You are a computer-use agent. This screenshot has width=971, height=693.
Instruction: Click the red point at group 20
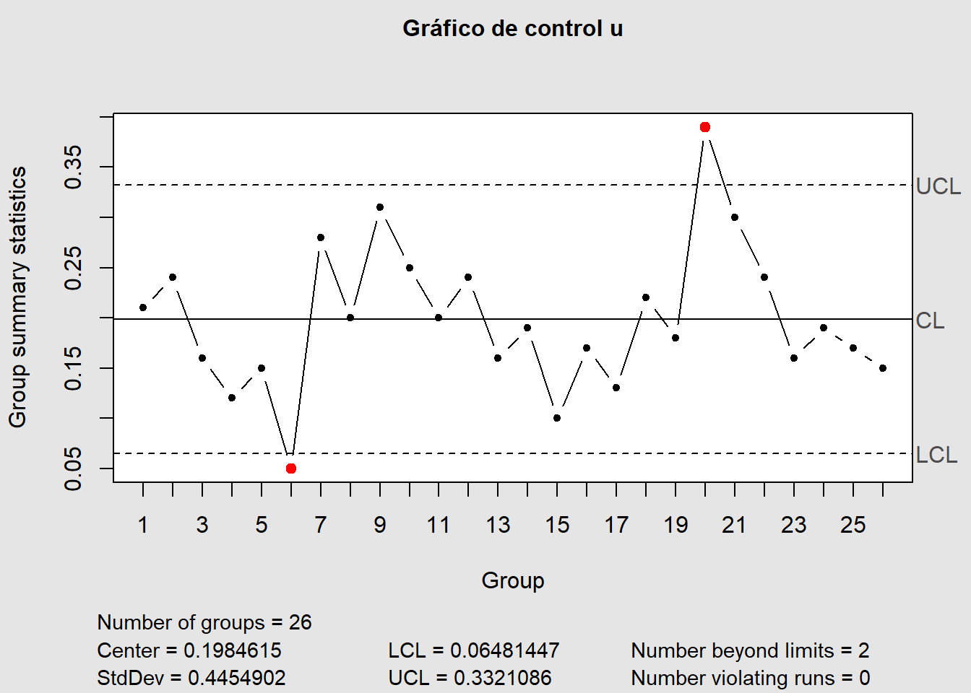pyautogui.click(x=705, y=127)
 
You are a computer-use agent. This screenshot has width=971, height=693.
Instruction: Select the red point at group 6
pyautogui.click(x=291, y=468)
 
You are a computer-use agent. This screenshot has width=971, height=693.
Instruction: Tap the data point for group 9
pyautogui.click(x=380, y=207)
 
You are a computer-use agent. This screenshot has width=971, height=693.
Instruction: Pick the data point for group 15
pyautogui.click(x=557, y=418)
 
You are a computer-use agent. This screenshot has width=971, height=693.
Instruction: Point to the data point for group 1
pyautogui.click(x=143, y=308)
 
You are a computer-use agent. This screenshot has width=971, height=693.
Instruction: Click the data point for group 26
pyautogui.click(x=883, y=368)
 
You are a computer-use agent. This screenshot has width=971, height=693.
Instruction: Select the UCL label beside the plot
pyautogui.click(x=938, y=186)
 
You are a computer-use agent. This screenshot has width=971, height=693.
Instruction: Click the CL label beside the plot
pyautogui.click(x=930, y=321)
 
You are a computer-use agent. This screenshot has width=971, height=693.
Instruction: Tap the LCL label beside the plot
pyautogui.click(x=936, y=455)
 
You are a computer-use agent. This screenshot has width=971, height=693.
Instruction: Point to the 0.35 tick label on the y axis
pyautogui.click(x=73, y=167)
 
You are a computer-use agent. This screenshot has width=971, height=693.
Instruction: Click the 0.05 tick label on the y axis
pyautogui.click(x=73, y=468)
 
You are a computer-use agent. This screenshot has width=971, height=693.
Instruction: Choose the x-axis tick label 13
pyautogui.click(x=498, y=525)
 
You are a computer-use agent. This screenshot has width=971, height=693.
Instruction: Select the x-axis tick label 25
pyautogui.click(x=853, y=525)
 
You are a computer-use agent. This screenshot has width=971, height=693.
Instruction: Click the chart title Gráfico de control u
pyautogui.click(x=512, y=28)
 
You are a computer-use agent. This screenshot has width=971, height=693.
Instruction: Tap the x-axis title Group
pyautogui.click(x=512, y=580)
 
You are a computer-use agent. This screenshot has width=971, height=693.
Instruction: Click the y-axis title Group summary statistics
pyautogui.click(x=17, y=297)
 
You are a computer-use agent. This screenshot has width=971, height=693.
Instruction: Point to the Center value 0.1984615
pyautogui.click(x=232, y=650)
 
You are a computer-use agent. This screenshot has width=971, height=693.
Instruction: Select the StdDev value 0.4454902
pyautogui.click(x=236, y=678)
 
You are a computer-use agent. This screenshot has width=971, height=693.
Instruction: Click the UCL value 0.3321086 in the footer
pyautogui.click(x=502, y=678)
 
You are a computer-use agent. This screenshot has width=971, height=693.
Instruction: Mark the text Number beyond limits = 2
pyautogui.click(x=750, y=650)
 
